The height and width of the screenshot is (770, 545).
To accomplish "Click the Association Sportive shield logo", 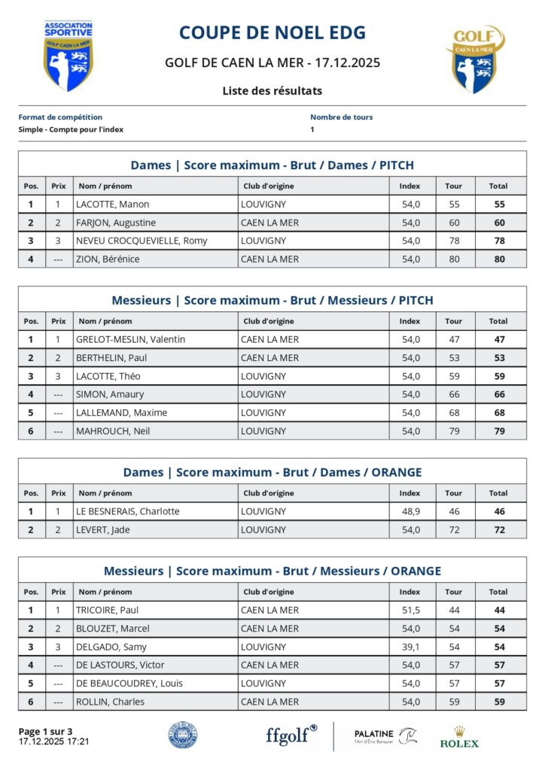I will click(x=68, y=56).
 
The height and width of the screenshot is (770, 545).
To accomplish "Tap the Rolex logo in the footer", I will click(x=458, y=737).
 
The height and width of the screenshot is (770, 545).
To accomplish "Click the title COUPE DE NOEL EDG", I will click(x=272, y=33).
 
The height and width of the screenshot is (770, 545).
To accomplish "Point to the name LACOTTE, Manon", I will click(x=112, y=205).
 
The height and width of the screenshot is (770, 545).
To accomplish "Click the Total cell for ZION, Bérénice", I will click(x=498, y=259).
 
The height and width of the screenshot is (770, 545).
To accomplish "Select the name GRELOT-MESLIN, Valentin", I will click(x=130, y=340).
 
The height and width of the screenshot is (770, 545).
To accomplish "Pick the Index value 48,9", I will click(x=410, y=512).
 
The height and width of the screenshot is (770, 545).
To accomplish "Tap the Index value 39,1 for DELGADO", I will click(x=410, y=647).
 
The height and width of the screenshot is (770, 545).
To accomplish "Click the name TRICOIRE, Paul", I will click(x=107, y=611).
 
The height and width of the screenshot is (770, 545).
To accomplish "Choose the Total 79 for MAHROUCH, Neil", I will click(x=498, y=432).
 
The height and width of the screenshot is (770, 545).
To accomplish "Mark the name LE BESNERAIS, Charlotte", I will click(x=127, y=512).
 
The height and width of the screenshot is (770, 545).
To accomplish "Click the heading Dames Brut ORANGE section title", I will click(x=272, y=473).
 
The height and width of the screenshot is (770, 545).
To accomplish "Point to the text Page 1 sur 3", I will click(x=46, y=732).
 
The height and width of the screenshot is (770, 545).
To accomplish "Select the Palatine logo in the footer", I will click(x=385, y=736).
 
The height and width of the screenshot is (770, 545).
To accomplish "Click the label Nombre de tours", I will click(x=341, y=117).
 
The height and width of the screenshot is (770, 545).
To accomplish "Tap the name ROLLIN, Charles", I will click(x=110, y=702).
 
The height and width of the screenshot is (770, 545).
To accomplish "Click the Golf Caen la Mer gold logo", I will click(x=476, y=59).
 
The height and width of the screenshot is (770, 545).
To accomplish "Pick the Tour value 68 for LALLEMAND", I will click(x=453, y=413).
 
